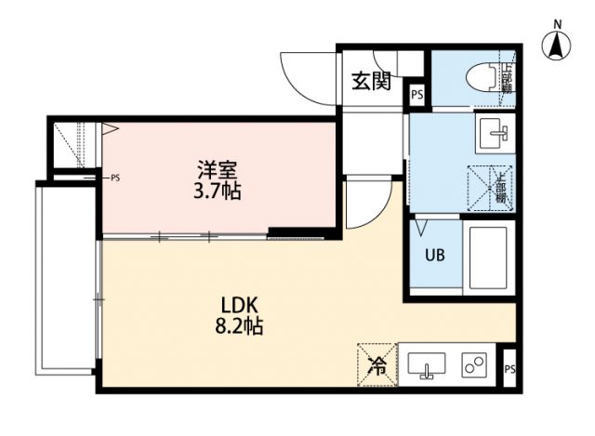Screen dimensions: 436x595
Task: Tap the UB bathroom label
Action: click(x=433, y=254)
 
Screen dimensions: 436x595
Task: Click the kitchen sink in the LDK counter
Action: click(x=427, y=366)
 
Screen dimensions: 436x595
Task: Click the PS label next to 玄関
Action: click(x=416, y=94)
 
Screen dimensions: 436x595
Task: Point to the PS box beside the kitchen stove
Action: click(x=509, y=369)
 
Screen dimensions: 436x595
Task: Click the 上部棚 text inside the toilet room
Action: click(x=507, y=76)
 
